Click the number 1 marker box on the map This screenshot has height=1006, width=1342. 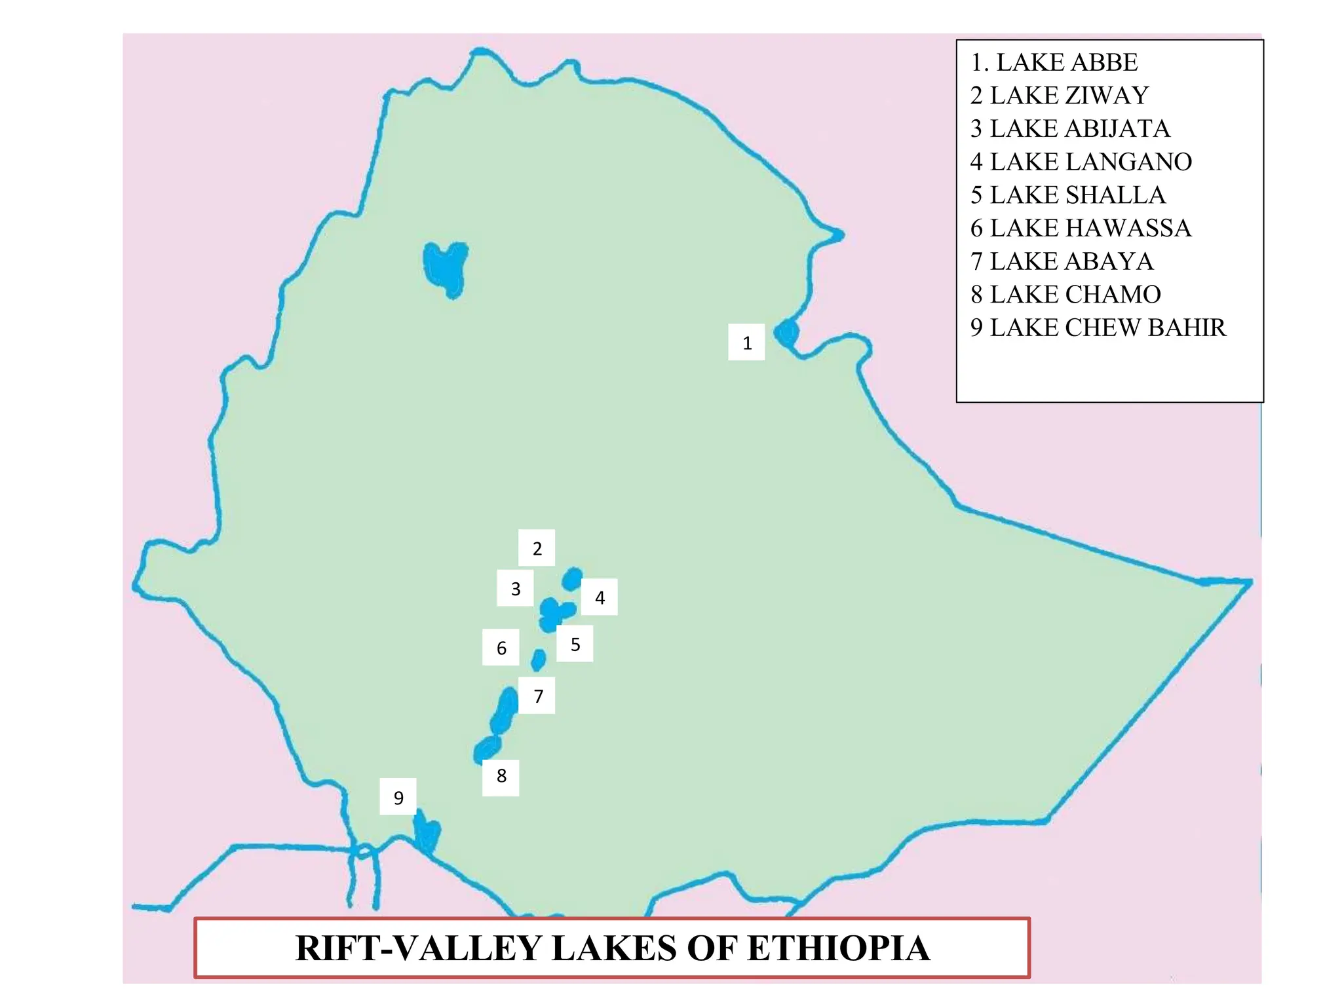point(746,342)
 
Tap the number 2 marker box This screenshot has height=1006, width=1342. point(537,548)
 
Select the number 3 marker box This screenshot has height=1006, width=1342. point(515,588)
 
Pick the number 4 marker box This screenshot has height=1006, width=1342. point(599,597)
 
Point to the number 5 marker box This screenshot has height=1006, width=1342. point(575,644)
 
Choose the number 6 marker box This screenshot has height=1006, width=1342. point(501,647)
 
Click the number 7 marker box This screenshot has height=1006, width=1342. point(537,696)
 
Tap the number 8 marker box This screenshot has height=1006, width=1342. point(501,777)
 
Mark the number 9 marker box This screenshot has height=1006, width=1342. point(398,796)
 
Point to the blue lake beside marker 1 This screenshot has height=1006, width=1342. point(786,333)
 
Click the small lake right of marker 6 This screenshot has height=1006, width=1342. point(538,660)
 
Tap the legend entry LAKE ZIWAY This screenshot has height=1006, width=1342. point(1060,96)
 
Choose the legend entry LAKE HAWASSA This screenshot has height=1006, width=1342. point(1081,228)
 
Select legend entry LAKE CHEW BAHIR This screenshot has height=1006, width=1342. point(1098,327)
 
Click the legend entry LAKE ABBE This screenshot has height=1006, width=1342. point(1055,62)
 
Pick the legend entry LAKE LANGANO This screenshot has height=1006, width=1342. point(1081,162)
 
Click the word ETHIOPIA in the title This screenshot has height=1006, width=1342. point(838,948)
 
